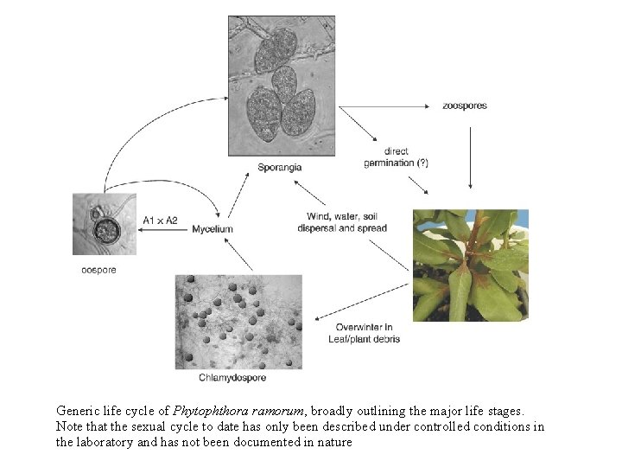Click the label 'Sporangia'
(x=279, y=167)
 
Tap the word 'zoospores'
(x=465, y=106)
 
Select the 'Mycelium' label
(x=213, y=228)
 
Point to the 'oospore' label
(x=98, y=270)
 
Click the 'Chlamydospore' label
(x=232, y=377)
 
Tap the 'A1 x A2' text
(x=161, y=221)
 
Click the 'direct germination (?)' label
(x=396, y=157)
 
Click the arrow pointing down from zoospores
(x=469, y=156)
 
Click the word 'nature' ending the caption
(x=333, y=442)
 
